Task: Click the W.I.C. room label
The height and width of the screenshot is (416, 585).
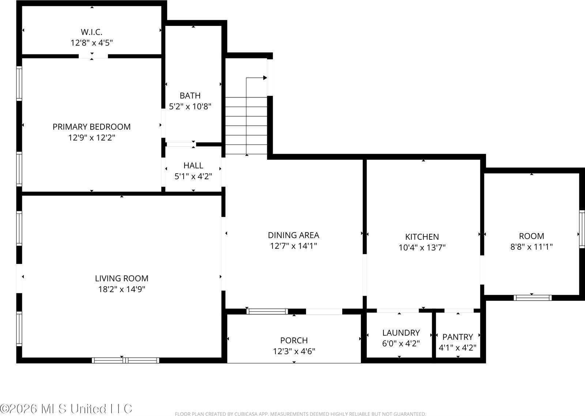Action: tap(91, 32)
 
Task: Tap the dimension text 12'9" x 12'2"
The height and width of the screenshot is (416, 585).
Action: tap(91, 138)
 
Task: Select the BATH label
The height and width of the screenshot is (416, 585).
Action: tap(190, 95)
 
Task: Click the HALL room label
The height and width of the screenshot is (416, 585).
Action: tap(193, 165)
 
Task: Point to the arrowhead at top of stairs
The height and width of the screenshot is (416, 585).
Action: tap(265, 77)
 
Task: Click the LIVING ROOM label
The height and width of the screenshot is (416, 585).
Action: tap(121, 278)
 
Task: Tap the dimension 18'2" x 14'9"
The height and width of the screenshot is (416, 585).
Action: tap(121, 290)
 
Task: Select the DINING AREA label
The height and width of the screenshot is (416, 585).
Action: tap(293, 235)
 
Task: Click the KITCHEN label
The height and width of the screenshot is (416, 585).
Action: tap(422, 237)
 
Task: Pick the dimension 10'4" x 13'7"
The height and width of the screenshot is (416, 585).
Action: tap(422, 248)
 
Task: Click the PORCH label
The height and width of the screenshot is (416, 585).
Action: tap(294, 340)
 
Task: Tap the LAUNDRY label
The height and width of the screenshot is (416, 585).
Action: tap(401, 333)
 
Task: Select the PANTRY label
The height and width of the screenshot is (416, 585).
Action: tap(457, 337)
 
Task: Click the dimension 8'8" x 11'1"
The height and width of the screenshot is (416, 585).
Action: tap(531, 247)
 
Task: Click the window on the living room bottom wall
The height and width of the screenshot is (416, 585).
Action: tap(125, 360)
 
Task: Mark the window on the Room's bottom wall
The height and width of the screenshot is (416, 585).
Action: tap(532, 298)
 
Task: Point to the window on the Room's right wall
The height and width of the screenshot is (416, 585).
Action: tap(581, 229)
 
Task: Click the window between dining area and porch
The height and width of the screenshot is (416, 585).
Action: tap(267, 311)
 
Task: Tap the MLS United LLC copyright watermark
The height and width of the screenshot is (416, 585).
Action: tap(66, 408)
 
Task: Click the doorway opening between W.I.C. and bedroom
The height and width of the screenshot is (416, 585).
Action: tap(93, 56)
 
